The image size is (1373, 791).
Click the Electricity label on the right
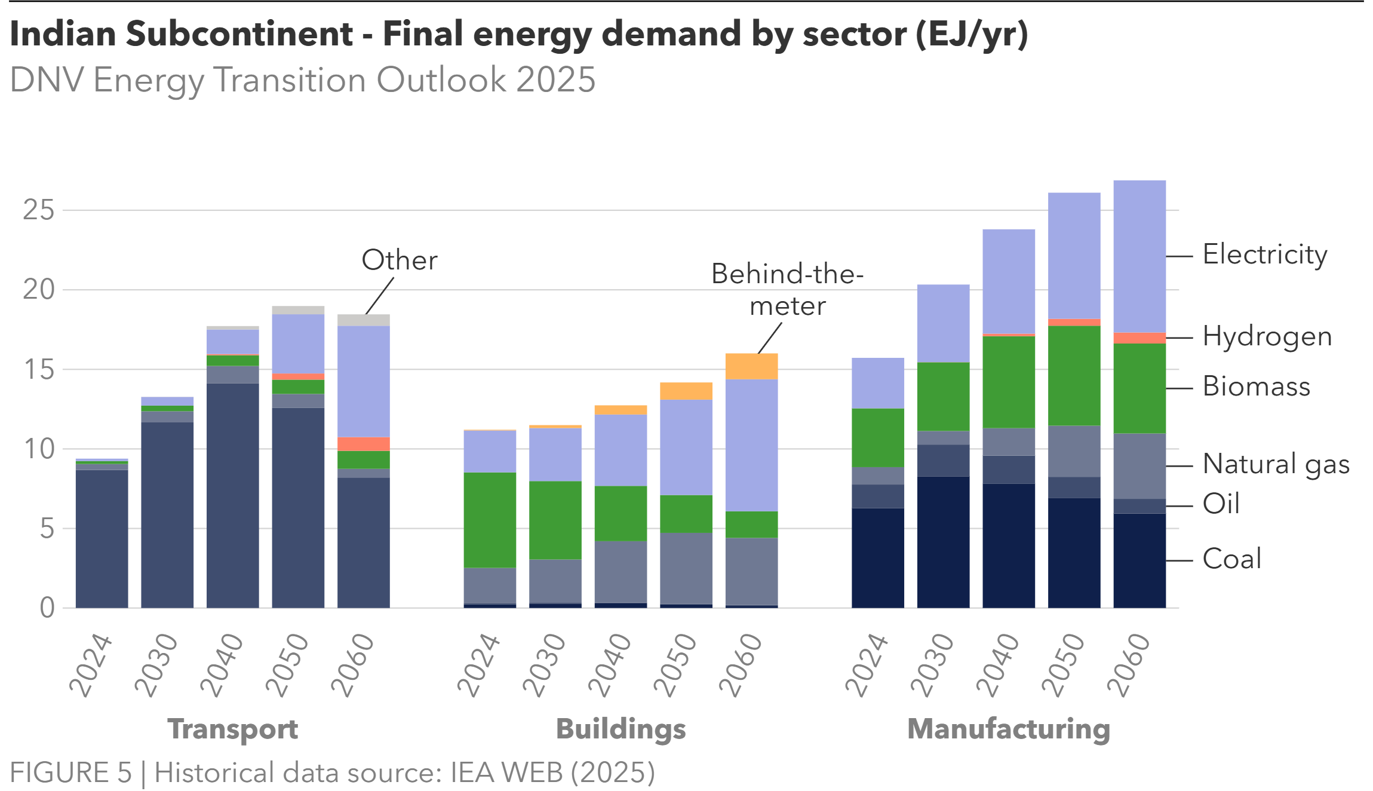[1265, 255]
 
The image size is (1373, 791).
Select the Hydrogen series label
[1267, 337]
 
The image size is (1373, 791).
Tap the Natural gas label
[1276, 465]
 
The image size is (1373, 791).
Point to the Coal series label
[1231, 559]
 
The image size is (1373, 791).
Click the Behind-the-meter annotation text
[787, 290]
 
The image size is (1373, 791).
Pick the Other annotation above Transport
[399, 260]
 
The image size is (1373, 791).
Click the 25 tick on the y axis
[38, 210]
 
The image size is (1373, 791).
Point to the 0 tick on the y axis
[47, 608]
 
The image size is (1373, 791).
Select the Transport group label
[232, 729]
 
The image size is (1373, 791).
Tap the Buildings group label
[621, 729]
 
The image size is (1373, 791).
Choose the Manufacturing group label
[1008, 729]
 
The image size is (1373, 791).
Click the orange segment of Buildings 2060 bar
[751, 366]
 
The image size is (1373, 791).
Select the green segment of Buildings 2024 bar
[490, 520]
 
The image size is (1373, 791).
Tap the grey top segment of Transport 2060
[363, 320]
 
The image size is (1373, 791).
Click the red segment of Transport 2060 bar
[363, 444]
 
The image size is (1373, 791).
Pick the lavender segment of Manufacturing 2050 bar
[1074, 255]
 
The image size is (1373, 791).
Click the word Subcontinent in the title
[239, 34]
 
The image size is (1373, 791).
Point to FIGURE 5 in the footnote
[70, 772]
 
